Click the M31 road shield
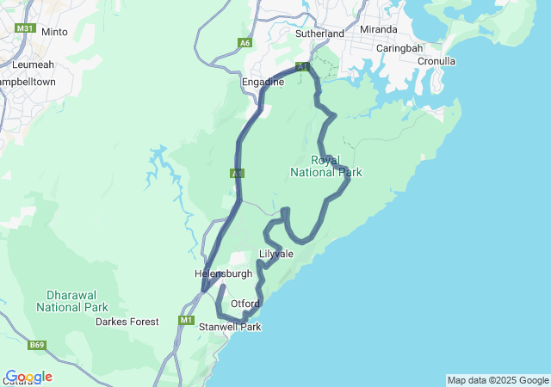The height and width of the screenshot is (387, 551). pos(24,28)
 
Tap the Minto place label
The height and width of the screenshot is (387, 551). pos(54,32)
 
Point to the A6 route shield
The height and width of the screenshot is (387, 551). pos(245,42)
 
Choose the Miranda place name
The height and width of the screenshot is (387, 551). pos(379,29)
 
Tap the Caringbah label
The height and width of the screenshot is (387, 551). pos(398,48)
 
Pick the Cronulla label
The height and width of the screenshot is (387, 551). pos(436,61)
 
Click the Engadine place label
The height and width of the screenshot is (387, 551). pos(263,82)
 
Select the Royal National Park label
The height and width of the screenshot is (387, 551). pos(325,166)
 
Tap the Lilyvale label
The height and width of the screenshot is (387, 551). pos(276,255)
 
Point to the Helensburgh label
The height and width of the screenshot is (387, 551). pos(224,273)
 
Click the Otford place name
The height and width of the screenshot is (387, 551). pos(245,303)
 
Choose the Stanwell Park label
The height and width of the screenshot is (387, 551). pos(229,327)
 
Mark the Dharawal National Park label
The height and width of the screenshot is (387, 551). pos(72,301)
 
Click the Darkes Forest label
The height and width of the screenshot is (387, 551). pos(127,322)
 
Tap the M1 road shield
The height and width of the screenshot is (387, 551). pos(187,321)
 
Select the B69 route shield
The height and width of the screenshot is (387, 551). pos(36,345)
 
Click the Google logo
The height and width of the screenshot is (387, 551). pos(28,377)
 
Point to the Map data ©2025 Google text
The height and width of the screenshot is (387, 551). pos(497,380)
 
